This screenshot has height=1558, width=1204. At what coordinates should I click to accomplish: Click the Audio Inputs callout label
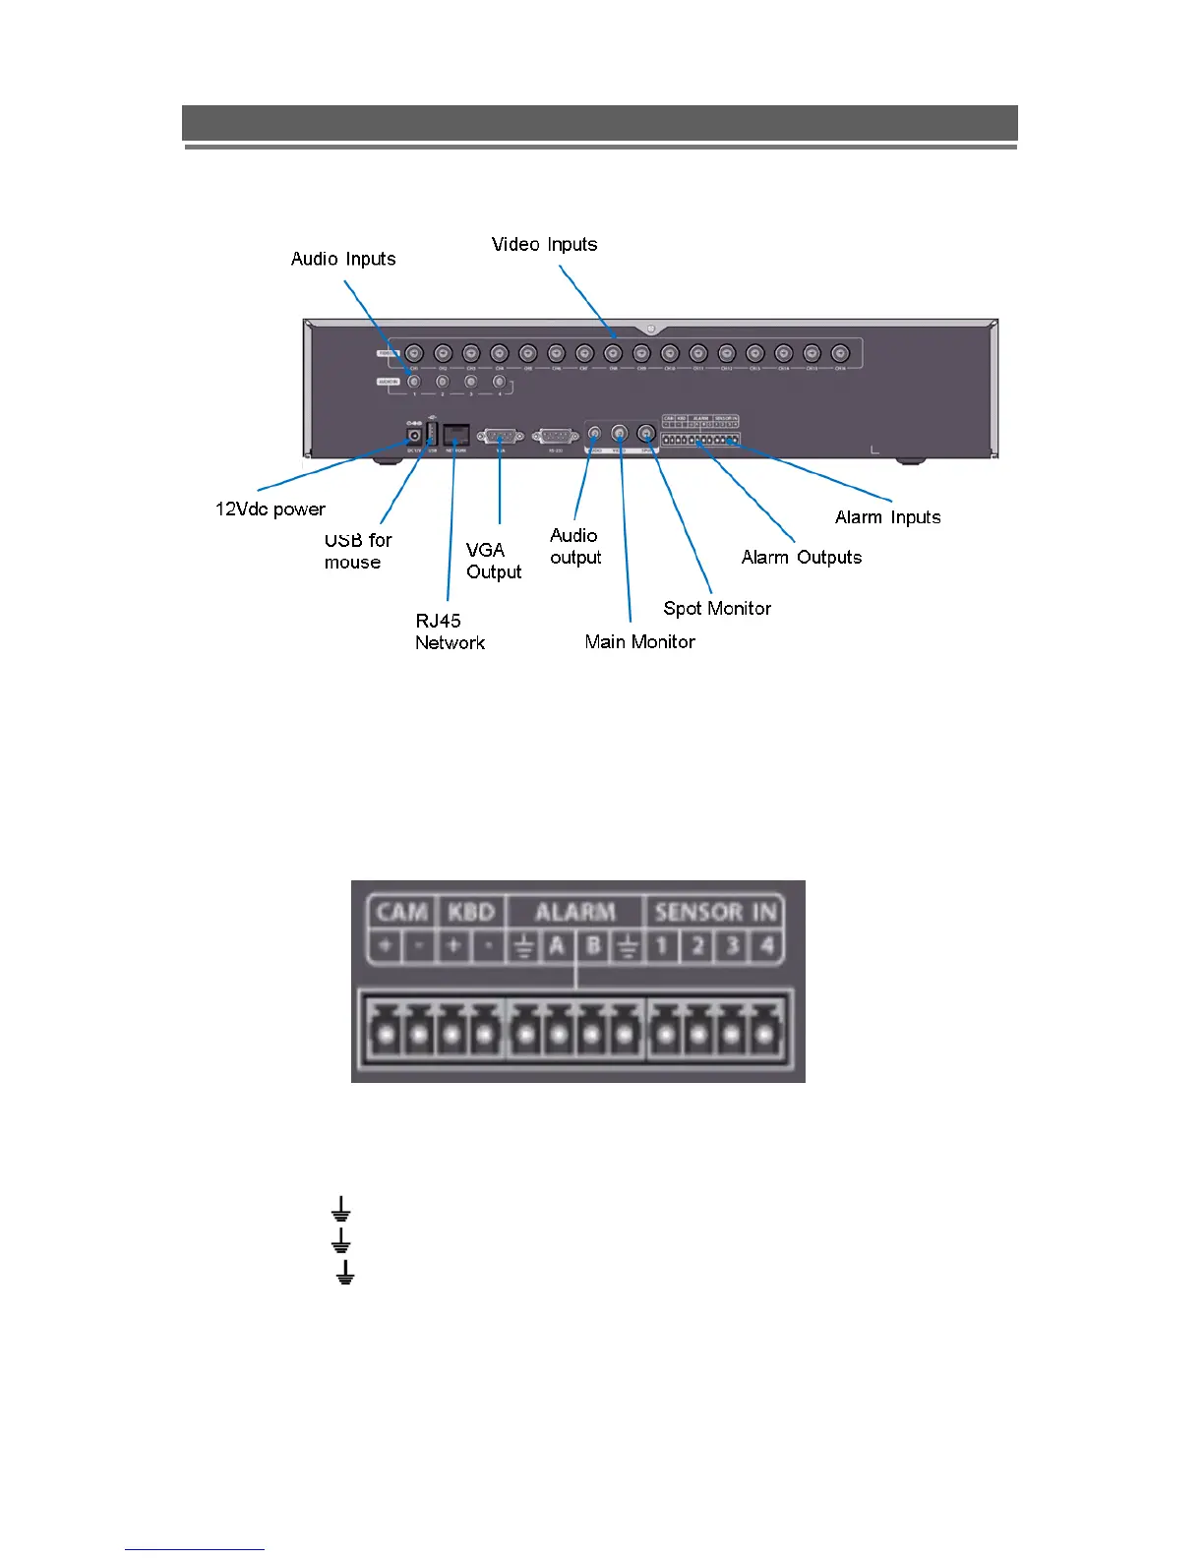[343, 259]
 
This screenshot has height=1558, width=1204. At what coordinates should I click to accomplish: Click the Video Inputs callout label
[544, 244]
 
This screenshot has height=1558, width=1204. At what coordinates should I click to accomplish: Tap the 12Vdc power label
[271, 509]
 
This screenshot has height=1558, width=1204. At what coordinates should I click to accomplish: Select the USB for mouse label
[358, 551]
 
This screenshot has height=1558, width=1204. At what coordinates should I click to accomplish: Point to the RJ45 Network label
[450, 631]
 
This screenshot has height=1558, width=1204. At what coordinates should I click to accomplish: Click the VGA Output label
[494, 561]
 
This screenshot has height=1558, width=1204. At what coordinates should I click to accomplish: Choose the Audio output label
[575, 546]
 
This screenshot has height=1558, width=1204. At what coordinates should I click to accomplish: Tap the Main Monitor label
[639, 641]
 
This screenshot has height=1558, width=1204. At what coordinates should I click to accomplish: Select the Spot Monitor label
[717, 608]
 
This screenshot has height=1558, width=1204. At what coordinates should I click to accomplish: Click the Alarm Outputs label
[801, 557]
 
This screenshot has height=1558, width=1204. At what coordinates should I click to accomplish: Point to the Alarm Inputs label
[887, 517]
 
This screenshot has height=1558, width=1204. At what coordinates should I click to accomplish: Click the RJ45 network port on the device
[456, 435]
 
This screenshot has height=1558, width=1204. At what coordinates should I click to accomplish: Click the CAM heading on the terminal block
[402, 912]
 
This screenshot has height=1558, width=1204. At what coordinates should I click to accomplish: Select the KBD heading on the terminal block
[471, 912]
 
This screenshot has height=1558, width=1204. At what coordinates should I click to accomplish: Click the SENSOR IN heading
[715, 912]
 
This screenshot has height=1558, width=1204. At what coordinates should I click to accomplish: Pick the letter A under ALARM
[558, 946]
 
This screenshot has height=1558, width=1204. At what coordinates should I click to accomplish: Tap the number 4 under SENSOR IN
[766, 946]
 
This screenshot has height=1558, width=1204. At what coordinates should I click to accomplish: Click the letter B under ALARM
[592, 946]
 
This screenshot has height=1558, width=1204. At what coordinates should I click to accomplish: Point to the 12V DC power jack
[414, 435]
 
